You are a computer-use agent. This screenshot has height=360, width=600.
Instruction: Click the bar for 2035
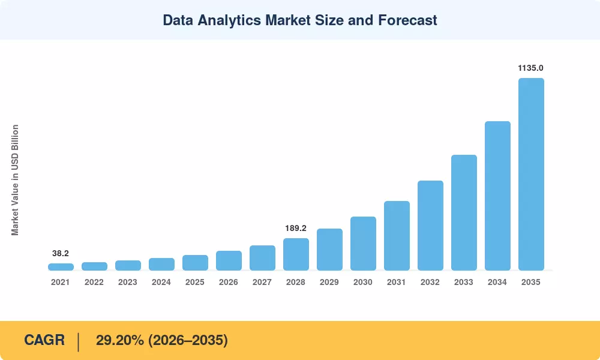tap(531, 174)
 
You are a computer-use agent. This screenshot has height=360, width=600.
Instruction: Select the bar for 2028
tap(296, 254)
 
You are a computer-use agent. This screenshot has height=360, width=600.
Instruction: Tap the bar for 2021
tap(61, 267)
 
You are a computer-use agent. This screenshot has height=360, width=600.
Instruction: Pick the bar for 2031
tap(397, 236)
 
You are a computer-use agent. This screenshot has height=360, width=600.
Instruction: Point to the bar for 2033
tap(464, 213)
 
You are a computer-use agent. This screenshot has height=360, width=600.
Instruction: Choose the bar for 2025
tap(195, 263)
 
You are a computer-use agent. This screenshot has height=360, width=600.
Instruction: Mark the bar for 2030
tap(363, 244)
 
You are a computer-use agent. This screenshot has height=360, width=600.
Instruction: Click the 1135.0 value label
tap(530, 68)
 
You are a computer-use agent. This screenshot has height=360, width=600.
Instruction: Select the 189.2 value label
tap(296, 229)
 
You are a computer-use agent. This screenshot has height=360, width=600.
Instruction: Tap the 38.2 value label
tap(61, 253)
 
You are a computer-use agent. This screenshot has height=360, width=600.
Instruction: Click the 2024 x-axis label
tap(161, 283)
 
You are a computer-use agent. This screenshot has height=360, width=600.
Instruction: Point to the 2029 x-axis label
tap(329, 283)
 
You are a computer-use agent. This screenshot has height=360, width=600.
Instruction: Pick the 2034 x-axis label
tap(497, 283)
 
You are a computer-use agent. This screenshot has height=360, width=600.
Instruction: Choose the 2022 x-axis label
tap(94, 283)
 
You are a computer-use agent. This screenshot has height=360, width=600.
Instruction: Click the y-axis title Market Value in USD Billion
tap(15, 180)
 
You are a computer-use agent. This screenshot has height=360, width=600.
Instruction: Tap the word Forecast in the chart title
tap(407, 20)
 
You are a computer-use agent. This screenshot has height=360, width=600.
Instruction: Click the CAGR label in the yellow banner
tap(44, 340)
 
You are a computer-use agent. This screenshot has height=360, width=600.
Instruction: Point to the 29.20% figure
tap(120, 340)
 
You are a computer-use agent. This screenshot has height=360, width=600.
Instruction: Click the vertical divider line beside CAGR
tap(79, 342)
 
